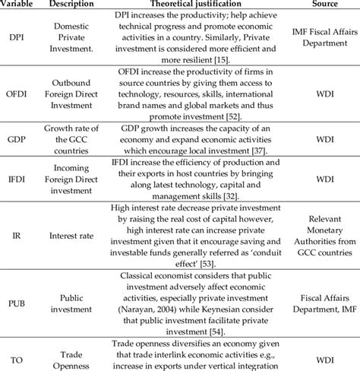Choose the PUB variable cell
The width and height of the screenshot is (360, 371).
pos(17,302)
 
